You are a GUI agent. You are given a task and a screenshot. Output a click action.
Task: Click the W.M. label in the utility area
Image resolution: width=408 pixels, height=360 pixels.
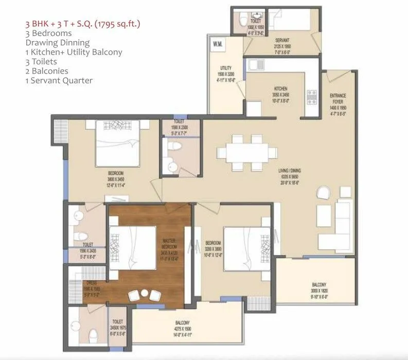(217, 45)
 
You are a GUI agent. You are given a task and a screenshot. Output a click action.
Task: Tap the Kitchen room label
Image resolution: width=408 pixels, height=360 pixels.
(280, 88)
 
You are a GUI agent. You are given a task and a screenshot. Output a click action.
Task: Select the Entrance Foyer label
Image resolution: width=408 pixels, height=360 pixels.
(338, 96)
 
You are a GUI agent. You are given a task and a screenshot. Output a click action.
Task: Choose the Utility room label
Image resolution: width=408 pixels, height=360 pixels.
(225, 68)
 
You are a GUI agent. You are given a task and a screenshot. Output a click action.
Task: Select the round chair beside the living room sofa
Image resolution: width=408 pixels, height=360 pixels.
(323, 192)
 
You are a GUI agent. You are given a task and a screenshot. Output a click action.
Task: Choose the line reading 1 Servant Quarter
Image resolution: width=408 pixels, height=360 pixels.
(59, 80)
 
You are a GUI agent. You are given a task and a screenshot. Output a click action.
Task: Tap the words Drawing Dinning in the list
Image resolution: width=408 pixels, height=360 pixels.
(57, 42)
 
